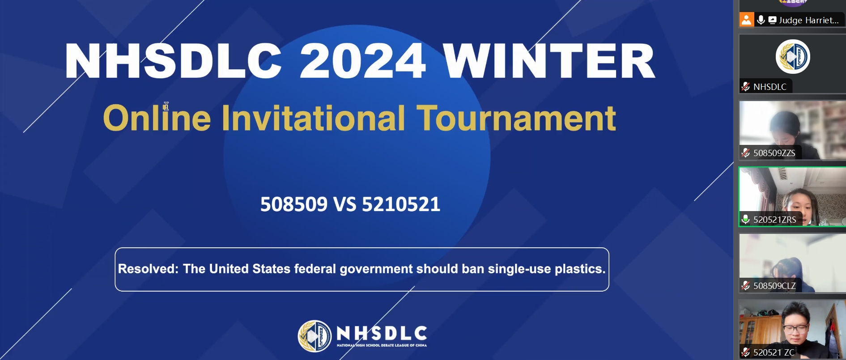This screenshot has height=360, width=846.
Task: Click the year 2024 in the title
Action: [362, 61]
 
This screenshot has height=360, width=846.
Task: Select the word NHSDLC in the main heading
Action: [174, 61]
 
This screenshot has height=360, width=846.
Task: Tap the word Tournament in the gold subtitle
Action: [516, 118]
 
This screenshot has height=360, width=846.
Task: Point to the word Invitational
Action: [313, 118]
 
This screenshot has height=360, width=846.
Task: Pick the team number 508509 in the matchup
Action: [294, 204]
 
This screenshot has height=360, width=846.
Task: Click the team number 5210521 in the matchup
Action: [401, 204]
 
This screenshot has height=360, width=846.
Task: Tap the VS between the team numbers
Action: [345, 204]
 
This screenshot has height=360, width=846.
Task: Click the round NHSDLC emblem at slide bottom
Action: [315, 336]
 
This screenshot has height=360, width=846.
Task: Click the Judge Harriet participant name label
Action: [808, 20]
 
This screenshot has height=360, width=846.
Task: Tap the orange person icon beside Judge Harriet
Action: [746, 20]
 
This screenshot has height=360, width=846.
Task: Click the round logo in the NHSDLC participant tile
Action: [793, 57]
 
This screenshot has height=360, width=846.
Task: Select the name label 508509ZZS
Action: [774, 153]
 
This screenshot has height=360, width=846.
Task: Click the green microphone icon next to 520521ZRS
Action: [745, 219]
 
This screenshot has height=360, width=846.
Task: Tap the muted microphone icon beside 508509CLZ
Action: [745, 285]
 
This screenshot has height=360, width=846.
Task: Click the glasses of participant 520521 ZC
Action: [795, 329]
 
